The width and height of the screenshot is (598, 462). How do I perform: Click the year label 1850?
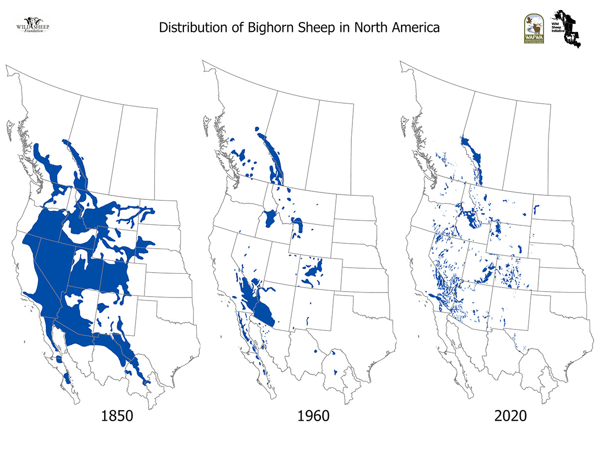[117, 416]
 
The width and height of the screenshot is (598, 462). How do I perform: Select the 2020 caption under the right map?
[510, 416]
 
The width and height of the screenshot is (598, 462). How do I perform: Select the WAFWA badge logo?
[533, 29]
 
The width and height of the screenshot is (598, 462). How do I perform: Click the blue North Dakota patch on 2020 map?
[537, 209]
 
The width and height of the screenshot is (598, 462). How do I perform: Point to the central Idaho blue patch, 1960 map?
[271, 218]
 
